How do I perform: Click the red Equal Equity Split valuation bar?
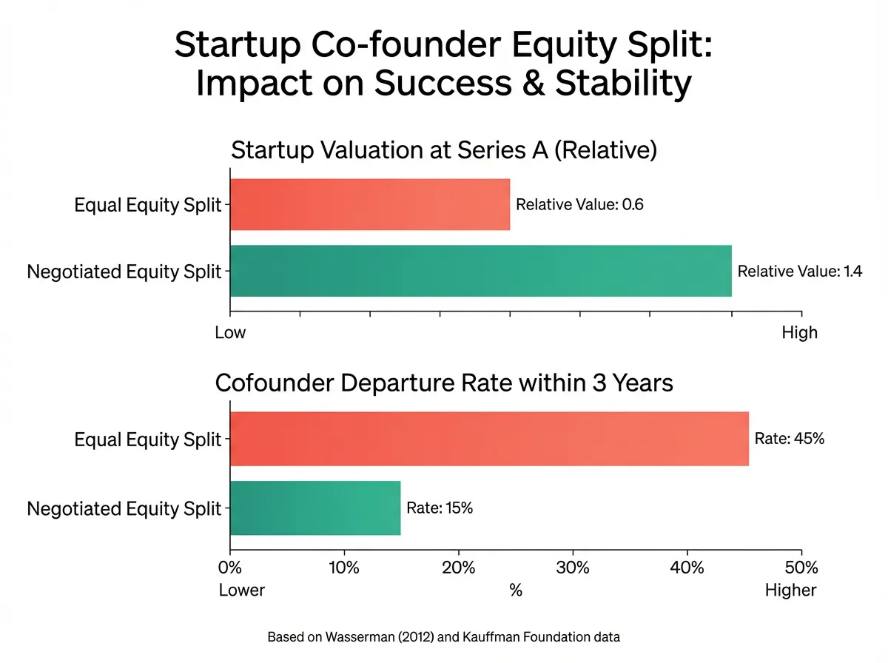pyautogui.click(x=370, y=204)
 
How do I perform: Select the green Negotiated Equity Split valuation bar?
pyautogui.click(x=481, y=271)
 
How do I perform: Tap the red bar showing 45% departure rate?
pyautogui.click(x=489, y=439)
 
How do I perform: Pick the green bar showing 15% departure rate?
pyautogui.click(x=315, y=508)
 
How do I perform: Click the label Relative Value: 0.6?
pyautogui.click(x=579, y=205)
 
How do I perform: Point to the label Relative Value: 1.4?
pyautogui.click(x=800, y=272)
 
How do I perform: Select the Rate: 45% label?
pyautogui.click(x=789, y=439)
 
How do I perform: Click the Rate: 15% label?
pyautogui.click(x=440, y=508)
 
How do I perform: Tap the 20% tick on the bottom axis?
pyautogui.click(x=459, y=568)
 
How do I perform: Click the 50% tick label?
pyautogui.click(x=801, y=568)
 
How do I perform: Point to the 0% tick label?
pyautogui.click(x=230, y=568)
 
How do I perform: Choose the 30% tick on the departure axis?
pyautogui.click(x=573, y=568)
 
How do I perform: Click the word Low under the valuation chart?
pyautogui.click(x=230, y=332)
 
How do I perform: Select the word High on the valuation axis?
pyautogui.click(x=799, y=332)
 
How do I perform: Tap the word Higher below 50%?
pyautogui.click(x=791, y=590)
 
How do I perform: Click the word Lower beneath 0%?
pyautogui.click(x=242, y=590)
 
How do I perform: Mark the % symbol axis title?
pyautogui.click(x=516, y=590)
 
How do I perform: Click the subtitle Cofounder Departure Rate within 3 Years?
pyautogui.click(x=444, y=384)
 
